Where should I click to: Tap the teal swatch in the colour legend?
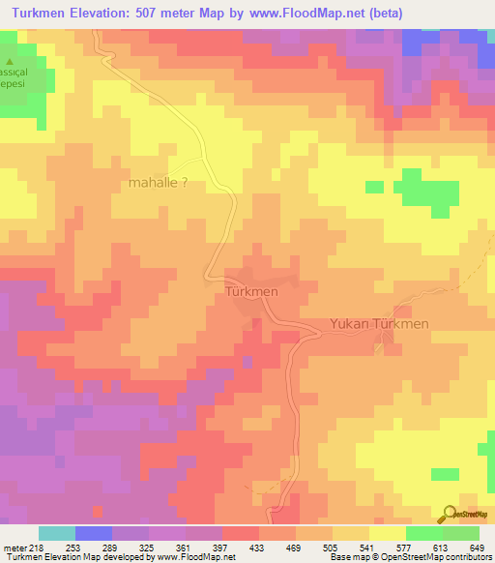click(56, 533)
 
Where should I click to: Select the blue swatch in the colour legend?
click(93, 533)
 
